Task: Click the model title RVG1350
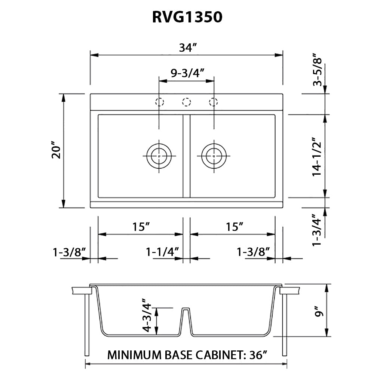click(x=187, y=17)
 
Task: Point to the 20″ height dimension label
click(x=56, y=150)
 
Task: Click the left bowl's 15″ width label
click(x=141, y=227)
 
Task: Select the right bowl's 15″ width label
click(x=234, y=227)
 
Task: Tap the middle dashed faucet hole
click(x=187, y=102)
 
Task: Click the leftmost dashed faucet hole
click(x=160, y=102)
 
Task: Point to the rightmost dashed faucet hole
click(x=214, y=102)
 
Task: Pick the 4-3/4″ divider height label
click(x=147, y=315)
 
